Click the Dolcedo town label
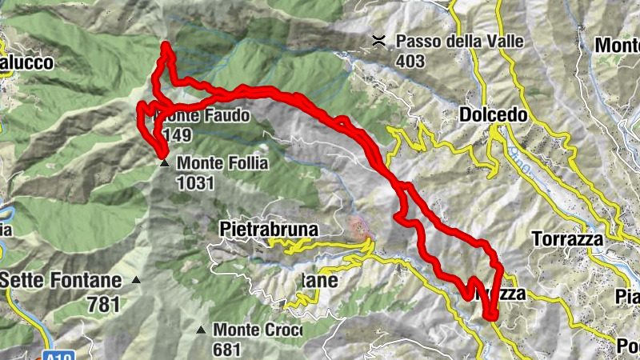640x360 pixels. pos(494,115)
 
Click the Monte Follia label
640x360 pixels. pos(222,162)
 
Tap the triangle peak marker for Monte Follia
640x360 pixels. pos(164,163)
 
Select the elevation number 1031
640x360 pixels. pos(196,182)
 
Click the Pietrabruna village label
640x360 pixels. pos(269,230)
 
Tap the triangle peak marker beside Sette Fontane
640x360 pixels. pos(136,280)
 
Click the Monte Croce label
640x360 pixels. pos(258,329)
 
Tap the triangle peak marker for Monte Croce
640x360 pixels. pos(201,329)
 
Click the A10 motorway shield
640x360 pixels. pos(50,353)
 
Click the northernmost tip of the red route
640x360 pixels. pos(166,46)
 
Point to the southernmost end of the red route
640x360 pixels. pos(490,317)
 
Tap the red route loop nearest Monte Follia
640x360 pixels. pos(147,128)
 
